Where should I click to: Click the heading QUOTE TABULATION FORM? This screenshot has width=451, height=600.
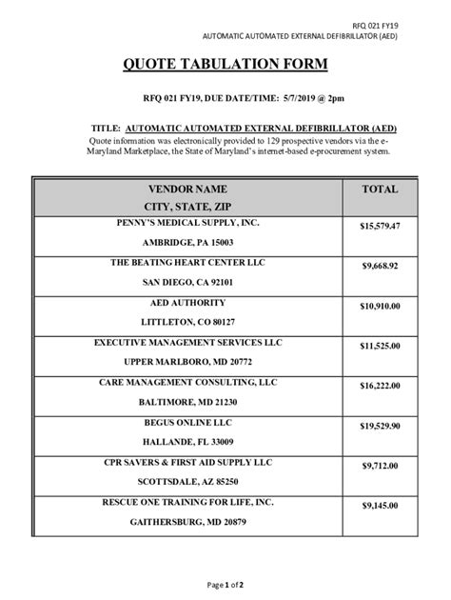(225, 65)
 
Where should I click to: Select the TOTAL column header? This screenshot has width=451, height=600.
(381, 190)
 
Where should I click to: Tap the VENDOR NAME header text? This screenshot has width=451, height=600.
(186, 190)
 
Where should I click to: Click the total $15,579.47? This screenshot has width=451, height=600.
(381, 227)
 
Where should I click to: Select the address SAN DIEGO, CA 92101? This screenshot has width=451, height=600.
(186, 282)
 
